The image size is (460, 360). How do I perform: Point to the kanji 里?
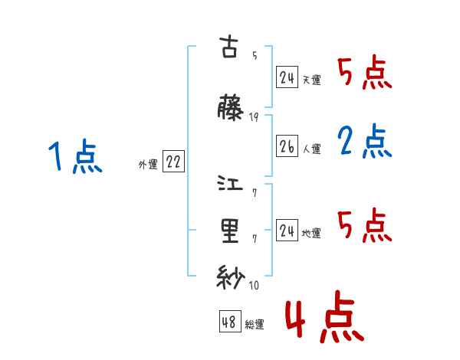[x=230, y=231]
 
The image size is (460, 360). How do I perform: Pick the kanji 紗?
[x=230, y=277]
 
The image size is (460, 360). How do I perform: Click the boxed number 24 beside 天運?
[x=287, y=77]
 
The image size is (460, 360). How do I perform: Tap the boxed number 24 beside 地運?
[x=287, y=230]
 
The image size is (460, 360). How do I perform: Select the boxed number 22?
[x=173, y=162]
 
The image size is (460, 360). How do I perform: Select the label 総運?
[x=255, y=325]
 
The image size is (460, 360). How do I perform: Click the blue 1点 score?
[x=75, y=158]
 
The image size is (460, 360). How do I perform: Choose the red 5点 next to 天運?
[x=365, y=74]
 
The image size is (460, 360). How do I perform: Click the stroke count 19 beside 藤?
[x=254, y=117]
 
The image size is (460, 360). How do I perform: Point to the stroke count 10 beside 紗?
[x=254, y=286]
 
